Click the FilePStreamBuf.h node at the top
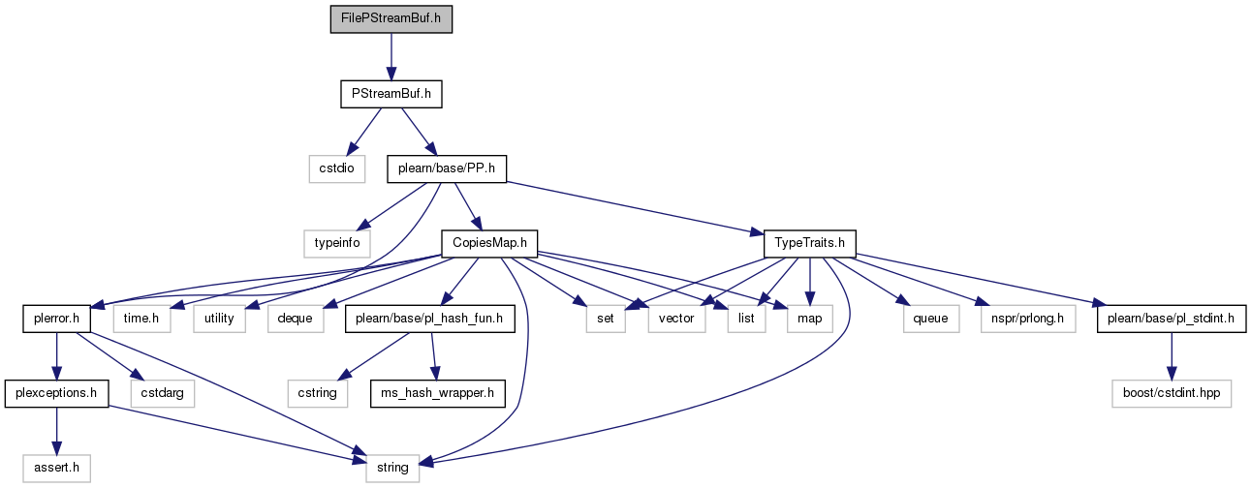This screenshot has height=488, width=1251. [391, 19]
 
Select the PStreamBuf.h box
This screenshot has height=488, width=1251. [391, 94]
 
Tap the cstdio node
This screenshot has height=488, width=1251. [337, 168]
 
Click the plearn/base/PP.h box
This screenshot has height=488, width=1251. [447, 168]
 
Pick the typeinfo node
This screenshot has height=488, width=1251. [337, 243]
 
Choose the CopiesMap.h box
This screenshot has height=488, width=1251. [489, 243]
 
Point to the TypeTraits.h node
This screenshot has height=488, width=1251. [809, 243]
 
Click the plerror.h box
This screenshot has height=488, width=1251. [56, 319]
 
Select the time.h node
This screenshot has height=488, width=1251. [141, 319]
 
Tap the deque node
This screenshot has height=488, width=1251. [296, 319]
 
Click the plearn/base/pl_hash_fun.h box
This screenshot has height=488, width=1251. [429, 319]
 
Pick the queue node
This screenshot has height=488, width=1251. [931, 319]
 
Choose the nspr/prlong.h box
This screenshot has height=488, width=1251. [1027, 319]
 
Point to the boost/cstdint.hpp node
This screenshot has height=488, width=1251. [1172, 393]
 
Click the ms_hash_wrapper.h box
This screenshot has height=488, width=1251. [437, 393]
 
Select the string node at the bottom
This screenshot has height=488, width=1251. [392, 468]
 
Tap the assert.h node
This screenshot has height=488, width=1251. [56, 468]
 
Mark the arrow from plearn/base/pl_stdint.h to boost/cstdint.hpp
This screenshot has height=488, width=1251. [1172, 356]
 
